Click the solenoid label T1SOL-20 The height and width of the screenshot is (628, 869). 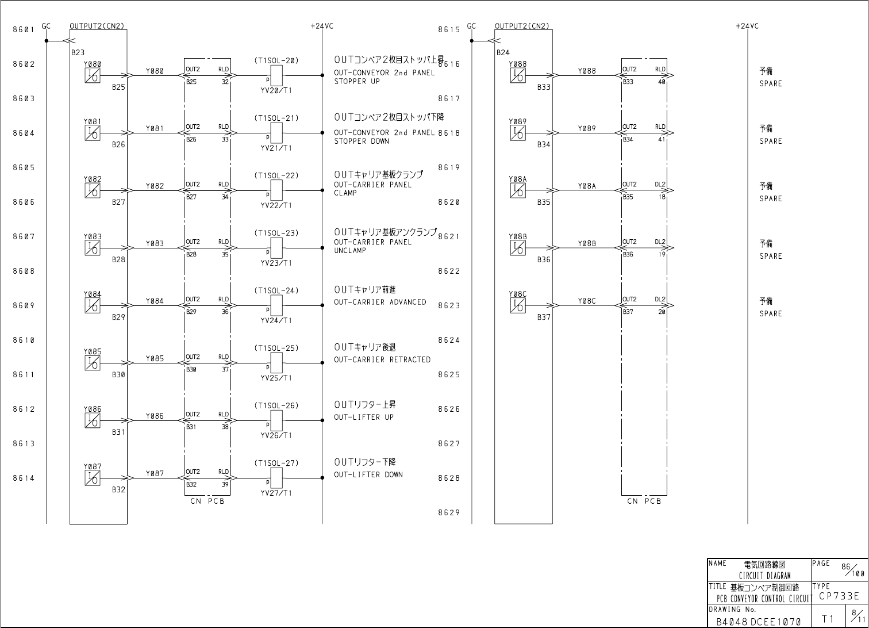(x=276, y=60)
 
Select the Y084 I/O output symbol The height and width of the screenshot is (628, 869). (x=92, y=305)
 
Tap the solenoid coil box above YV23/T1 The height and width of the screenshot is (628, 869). (x=276, y=248)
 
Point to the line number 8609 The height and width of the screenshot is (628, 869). (x=24, y=306)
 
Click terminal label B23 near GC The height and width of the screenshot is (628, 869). (x=78, y=52)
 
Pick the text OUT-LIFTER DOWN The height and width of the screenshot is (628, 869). (x=368, y=475)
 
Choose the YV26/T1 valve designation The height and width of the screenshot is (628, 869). (x=276, y=435)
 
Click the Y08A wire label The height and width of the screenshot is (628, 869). (x=587, y=186)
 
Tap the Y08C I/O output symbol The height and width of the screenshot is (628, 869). (x=517, y=305)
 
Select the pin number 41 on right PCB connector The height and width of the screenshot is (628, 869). (x=662, y=139)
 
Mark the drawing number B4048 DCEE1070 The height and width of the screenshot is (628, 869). (x=758, y=621)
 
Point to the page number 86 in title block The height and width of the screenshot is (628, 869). (x=847, y=566)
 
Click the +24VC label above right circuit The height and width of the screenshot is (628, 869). (x=747, y=26)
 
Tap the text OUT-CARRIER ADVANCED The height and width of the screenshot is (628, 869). (x=380, y=302)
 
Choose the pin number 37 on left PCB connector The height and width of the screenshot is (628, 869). (x=225, y=369)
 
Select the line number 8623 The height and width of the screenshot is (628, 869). (x=449, y=306)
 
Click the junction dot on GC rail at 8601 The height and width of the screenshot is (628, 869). (x=47, y=41)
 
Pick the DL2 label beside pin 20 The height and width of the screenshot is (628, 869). (x=660, y=300)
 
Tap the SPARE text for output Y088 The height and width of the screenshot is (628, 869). (x=770, y=84)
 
